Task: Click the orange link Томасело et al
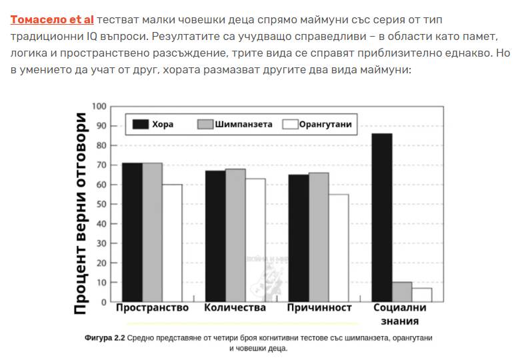(x=52, y=19)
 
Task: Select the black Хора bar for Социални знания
(x=381, y=217)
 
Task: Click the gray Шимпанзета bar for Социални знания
(x=401, y=292)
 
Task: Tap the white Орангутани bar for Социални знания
(x=421, y=295)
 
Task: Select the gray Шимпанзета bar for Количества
(x=235, y=235)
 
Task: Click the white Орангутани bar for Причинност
(x=339, y=247)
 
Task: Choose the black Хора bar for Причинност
(x=298, y=238)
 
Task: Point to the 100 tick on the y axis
(x=99, y=106)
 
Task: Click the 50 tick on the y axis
(x=101, y=204)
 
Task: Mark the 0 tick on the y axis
(x=103, y=302)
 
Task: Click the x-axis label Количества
(x=235, y=308)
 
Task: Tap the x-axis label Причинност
(x=319, y=308)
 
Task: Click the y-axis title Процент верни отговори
(x=80, y=212)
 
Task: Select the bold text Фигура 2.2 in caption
(x=105, y=338)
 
